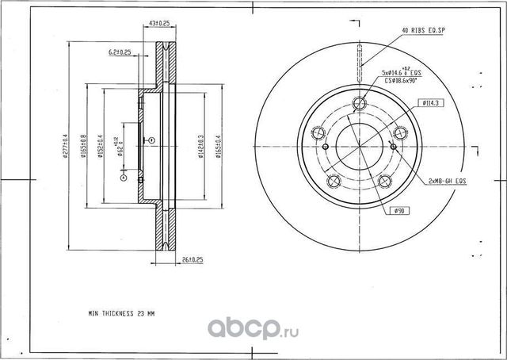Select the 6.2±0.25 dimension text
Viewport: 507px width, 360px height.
click(120, 52)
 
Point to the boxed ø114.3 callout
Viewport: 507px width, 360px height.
click(430, 102)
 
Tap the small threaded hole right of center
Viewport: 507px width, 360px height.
click(394, 146)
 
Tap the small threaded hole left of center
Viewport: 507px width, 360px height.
click(325, 146)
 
